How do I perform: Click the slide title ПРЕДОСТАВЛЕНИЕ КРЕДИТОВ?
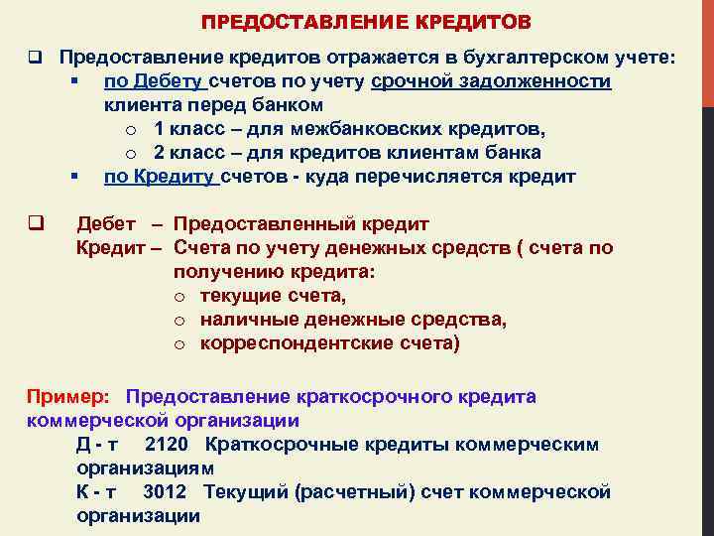pos(365,21)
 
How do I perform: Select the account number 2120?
pos(166,444)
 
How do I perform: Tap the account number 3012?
pos(165,491)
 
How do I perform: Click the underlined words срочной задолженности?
pos(491,80)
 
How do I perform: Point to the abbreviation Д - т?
pos(97,444)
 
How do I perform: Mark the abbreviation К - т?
pos(96,491)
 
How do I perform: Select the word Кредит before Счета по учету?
pos(109,247)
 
